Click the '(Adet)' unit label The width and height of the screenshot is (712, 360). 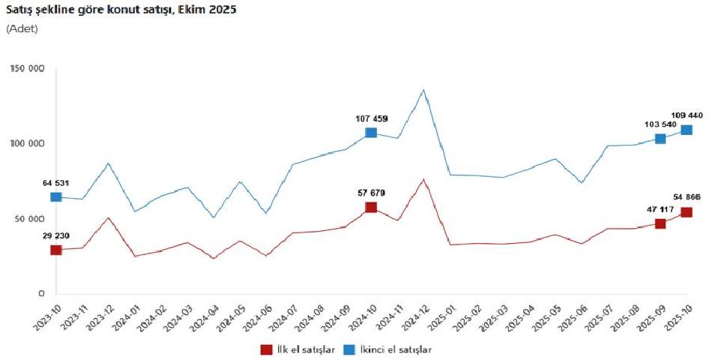[22, 28]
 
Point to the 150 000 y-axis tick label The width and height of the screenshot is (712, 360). [28, 69]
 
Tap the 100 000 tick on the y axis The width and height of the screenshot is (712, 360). [28, 144]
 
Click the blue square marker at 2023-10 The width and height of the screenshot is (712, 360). [55, 197]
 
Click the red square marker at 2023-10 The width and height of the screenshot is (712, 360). [55, 250]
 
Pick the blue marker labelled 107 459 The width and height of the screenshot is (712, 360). [371, 133]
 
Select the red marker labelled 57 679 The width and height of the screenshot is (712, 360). [371, 207]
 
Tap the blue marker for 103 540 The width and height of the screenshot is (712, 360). [660, 139]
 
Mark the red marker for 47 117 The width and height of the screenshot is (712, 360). [660, 223]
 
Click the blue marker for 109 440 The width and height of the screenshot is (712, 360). [687, 130]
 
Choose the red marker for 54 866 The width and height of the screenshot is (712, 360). [687, 212]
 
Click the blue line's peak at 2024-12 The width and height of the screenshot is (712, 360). [424, 91]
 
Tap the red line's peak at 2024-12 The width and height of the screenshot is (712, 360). [424, 179]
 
